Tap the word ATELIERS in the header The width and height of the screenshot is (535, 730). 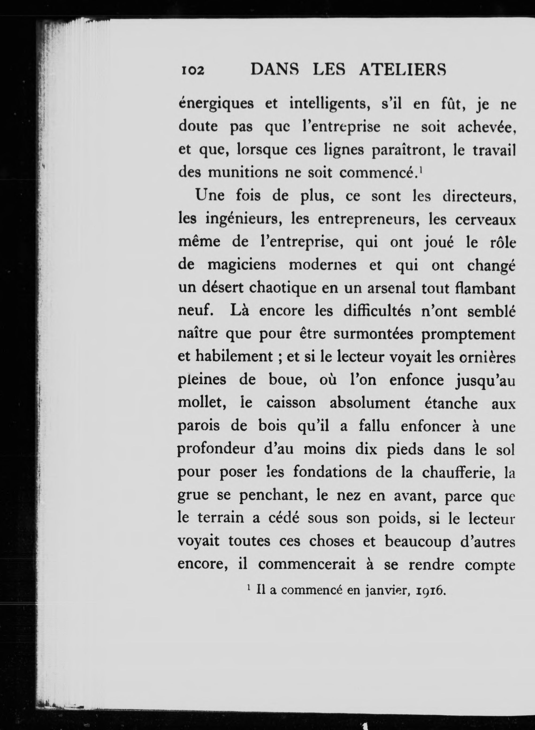(402, 69)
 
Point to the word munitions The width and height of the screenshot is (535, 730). (243, 172)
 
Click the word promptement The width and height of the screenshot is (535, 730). (468, 334)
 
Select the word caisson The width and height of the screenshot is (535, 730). (291, 403)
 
